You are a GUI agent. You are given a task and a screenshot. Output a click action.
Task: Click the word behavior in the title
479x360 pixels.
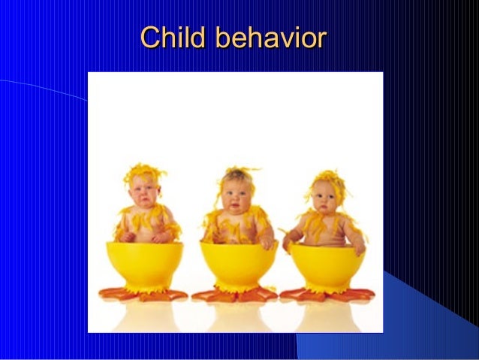pyautogui.click(x=270, y=38)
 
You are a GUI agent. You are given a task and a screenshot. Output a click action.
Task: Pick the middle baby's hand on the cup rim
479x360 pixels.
pyautogui.click(x=267, y=242)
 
